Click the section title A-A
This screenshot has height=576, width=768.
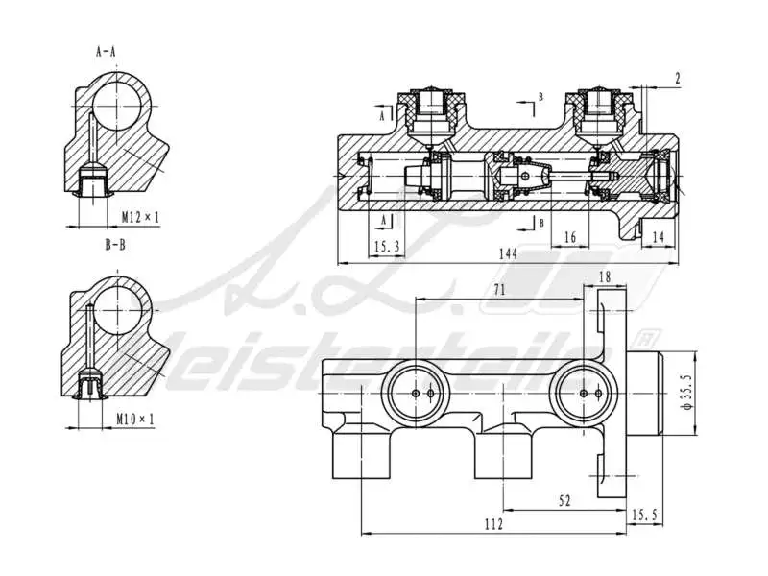pyautogui.click(x=107, y=50)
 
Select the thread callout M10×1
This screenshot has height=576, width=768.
pyautogui.click(x=134, y=420)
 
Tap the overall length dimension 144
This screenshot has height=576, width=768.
pyautogui.click(x=508, y=252)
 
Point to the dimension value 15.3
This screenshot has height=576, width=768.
pyautogui.click(x=385, y=248)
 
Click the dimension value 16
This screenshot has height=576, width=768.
pyautogui.click(x=570, y=237)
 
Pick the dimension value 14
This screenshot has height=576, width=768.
pyautogui.click(x=658, y=236)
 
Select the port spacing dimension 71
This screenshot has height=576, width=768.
pyautogui.click(x=499, y=289)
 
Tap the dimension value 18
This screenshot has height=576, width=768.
pyautogui.click(x=604, y=276)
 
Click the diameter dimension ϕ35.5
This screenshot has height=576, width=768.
pyautogui.click(x=684, y=392)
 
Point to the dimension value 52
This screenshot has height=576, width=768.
pyautogui.click(x=564, y=500)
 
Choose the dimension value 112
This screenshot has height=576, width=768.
pyautogui.click(x=493, y=524)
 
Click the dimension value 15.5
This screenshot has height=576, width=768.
pyautogui.click(x=644, y=516)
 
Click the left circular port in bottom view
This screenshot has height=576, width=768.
pyautogui.click(x=416, y=394)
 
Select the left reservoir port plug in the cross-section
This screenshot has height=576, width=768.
pyautogui.click(x=433, y=108)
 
